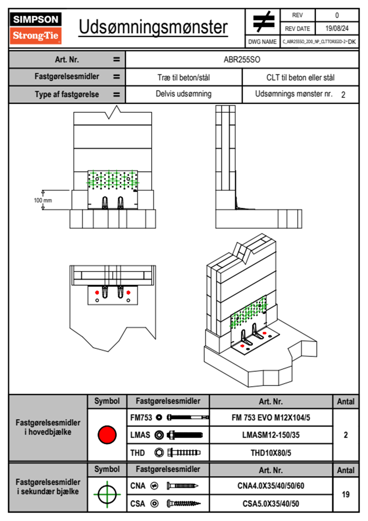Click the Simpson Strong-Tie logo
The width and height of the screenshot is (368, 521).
tap(36, 28)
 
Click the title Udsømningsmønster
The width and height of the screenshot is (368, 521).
tap(153, 27)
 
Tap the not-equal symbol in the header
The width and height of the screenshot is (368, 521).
tap(263, 22)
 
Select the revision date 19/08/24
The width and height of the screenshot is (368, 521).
tap(337, 28)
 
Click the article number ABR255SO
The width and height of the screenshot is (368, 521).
tap(242, 59)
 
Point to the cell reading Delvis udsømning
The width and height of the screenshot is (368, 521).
tap(183, 94)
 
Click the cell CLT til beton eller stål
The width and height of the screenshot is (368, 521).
tap(300, 77)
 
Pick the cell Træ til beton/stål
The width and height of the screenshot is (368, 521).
tap(183, 77)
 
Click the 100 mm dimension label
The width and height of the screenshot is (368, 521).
tap(43, 200)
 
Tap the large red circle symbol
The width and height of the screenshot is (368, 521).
tap(107, 435)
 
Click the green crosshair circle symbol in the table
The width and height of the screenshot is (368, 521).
tap(107, 494)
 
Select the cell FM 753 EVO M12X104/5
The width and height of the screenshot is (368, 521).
tap(271, 418)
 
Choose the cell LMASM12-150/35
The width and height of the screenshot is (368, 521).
tap(271, 435)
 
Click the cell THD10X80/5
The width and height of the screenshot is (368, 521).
tap(271, 453)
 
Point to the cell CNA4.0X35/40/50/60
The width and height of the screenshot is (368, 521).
tap(271, 486)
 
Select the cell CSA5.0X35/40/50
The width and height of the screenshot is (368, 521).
tap(271, 504)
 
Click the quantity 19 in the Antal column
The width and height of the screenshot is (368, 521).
tap(345, 494)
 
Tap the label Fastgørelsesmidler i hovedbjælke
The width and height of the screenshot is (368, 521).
tap(48, 427)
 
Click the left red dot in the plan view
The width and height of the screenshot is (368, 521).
tap(97, 292)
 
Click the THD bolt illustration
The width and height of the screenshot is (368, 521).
tap(184, 453)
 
